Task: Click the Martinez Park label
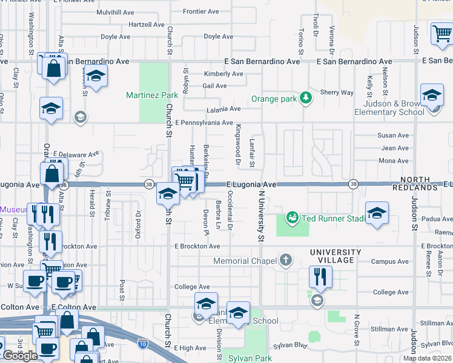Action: click(x=152, y=95)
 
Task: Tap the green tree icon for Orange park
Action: click(x=306, y=98)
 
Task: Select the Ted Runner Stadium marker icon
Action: click(x=293, y=216)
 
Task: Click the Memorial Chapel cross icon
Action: click(x=286, y=261)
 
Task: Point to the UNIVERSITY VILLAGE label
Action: click(x=336, y=256)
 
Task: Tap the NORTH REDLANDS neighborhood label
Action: click(x=418, y=184)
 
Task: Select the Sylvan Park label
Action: click(x=249, y=358)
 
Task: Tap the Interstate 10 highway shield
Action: click(x=142, y=342)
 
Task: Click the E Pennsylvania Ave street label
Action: click(x=203, y=123)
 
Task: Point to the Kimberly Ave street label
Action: click(x=223, y=74)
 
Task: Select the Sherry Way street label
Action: click(x=337, y=93)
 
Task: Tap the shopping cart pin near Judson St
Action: click(x=443, y=34)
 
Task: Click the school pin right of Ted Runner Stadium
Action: click(x=377, y=214)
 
